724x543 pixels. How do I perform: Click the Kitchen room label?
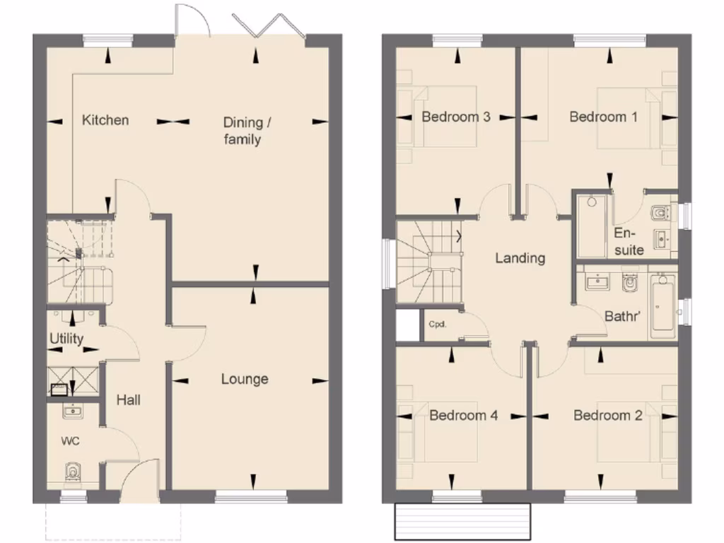tap(105, 119)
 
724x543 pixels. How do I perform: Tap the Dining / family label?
tap(243, 131)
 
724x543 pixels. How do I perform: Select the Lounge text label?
tap(245, 379)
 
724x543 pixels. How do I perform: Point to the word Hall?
tap(128, 400)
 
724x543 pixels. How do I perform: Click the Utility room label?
tap(66, 339)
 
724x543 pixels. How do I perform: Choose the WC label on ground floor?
tap(70, 441)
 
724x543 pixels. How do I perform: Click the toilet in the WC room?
tap(72, 472)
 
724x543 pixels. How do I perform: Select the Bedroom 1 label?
tap(603, 117)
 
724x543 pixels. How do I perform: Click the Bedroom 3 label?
tap(456, 117)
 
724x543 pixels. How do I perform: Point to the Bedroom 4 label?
tap(463, 415)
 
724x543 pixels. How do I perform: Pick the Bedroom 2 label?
tap(607, 415)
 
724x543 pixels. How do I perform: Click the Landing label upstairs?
tap(520, 258)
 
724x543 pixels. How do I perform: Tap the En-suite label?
tap(628, 241)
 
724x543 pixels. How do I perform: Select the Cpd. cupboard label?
tap(436, 325)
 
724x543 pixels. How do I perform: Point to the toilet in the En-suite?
tap(660, 211)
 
